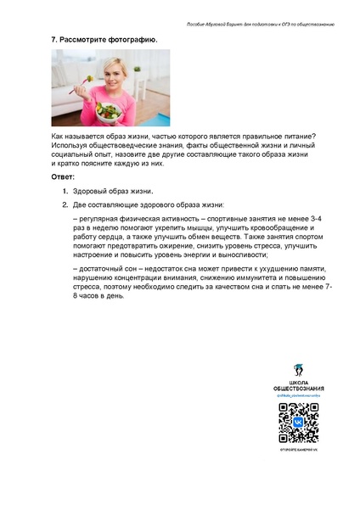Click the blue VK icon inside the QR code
(x=298, y=421)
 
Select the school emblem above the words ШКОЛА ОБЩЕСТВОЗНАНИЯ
(x=298, y=372)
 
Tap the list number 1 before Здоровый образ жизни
(x=65, y=192)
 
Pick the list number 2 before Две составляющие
(x=65, y=205)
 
